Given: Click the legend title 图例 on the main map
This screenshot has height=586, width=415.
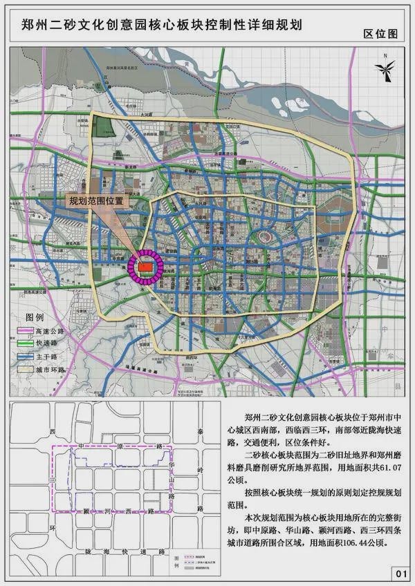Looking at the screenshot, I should click(x=35, y=318).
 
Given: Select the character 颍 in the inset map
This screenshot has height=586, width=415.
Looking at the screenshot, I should click(x=84, y=511).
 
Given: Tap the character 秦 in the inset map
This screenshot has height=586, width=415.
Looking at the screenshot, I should click(x=200, y=432).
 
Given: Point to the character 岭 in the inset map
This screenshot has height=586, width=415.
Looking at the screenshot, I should click(x=200, y=470).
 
